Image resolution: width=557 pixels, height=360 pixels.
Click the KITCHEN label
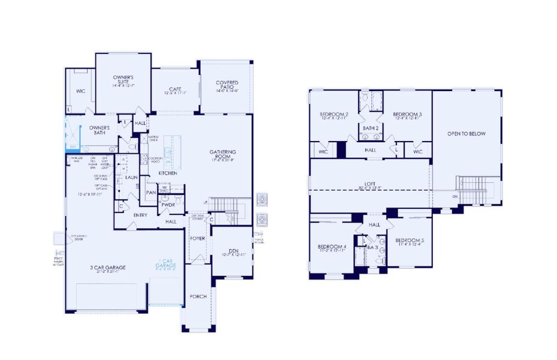[x=167, y=173]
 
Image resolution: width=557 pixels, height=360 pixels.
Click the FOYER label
[x=198, y=238]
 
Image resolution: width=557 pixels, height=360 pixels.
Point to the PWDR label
[x=167, y=205]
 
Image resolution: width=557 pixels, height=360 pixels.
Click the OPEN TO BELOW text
[x=466, y=133]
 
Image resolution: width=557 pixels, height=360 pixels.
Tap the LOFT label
[x=369, y=185]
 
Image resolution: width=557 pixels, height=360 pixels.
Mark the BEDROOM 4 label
[x=332, y=247]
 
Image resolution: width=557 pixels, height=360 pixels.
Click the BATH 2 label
[x=370, y=127]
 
